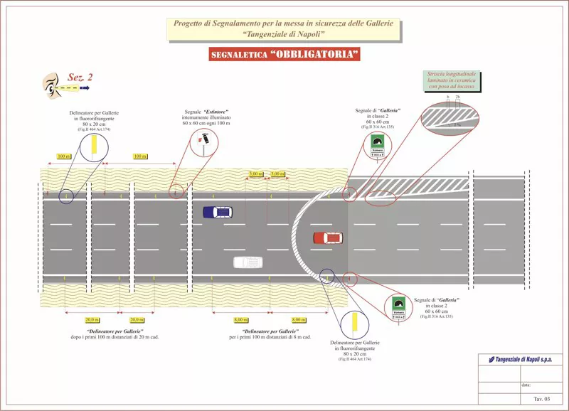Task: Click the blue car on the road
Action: coord(217,212)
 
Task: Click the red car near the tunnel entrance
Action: coord(328,237)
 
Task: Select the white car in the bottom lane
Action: coord(248,262)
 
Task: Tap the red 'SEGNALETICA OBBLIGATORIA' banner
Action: coord(284,55)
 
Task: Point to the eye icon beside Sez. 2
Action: coord(51,85)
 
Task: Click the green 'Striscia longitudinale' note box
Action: coord(452,80)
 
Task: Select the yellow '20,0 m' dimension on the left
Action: coord(92,320)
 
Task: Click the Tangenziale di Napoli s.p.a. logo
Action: coord(520,360)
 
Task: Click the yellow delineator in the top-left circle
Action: coord(93,146)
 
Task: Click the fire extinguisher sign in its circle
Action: coord(204,139)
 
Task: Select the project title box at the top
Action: coord(284,29)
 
